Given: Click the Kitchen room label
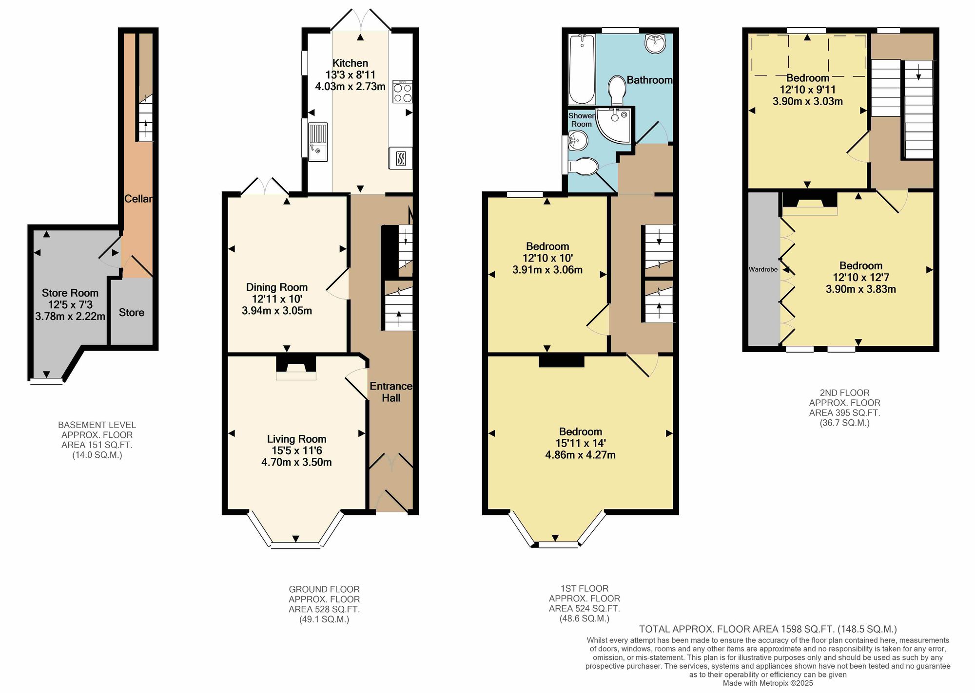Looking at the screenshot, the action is pos(350,63).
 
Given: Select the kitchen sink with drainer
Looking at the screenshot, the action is pos(318,142).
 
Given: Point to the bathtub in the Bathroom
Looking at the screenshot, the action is pos(582,69).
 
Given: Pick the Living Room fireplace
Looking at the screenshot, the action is pos(296,368).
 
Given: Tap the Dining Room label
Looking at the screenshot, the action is pos(276,287).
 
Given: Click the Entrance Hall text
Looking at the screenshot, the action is pos(391,392).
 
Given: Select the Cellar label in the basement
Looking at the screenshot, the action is pos(138,199).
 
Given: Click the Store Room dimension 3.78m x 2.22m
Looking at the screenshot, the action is pos(70,317).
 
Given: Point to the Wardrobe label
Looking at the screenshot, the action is pos(763,269).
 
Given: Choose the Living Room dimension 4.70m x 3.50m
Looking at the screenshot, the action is pos(296,462).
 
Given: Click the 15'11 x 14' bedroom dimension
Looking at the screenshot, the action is pos(580,443).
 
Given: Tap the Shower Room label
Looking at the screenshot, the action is pos(581,120).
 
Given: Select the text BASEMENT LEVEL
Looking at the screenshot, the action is pos(97,425).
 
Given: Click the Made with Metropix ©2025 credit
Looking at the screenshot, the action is pos(768,683).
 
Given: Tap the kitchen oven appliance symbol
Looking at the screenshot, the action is pos(401,158).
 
